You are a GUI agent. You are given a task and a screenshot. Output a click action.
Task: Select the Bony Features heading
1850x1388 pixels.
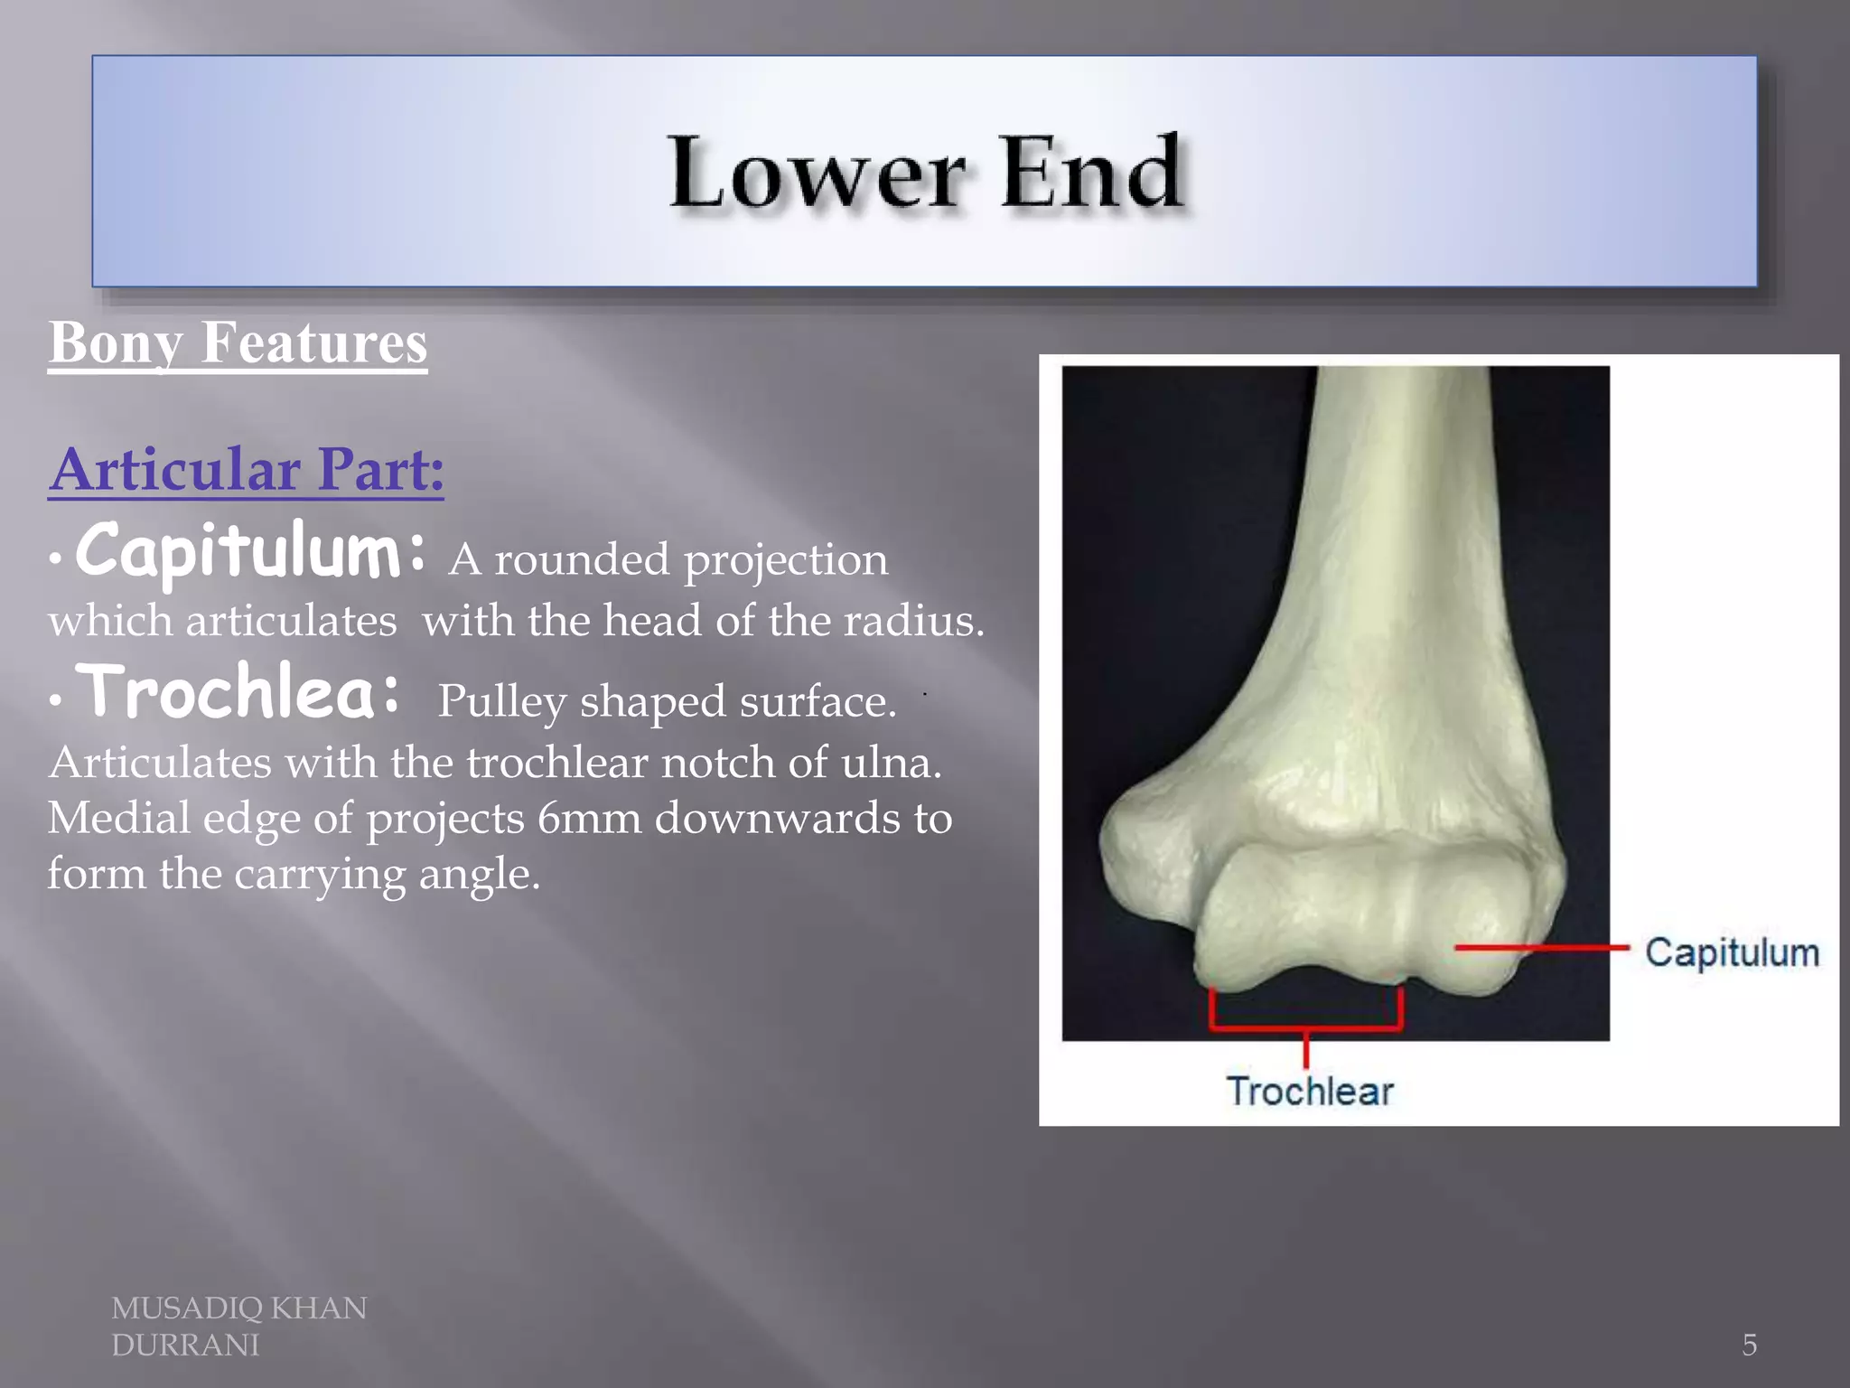click(x=238, y=343)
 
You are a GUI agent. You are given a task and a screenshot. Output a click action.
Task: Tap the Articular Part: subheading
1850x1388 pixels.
click(x=247, y=470)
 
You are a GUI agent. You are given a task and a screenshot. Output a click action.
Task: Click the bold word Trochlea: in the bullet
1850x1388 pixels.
click(x=239, y=694)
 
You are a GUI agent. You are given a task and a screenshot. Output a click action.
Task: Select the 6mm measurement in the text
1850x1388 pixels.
click(x=590, y=819)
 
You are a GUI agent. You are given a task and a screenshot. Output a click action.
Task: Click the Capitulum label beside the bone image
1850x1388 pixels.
click(x=1731, y=953)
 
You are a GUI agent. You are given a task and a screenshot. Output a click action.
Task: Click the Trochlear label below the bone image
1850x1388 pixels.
click(x=1310, y=1092)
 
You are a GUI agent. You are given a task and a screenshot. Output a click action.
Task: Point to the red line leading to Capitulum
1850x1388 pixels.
click(x=1541, y=948)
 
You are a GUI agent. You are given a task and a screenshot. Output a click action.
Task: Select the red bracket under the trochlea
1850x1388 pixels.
click(x=1305, y=1027)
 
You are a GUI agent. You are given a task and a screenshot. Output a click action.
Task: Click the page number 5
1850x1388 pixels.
click(x=1749, y=1345)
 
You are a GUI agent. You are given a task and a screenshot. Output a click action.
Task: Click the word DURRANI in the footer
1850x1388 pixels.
click(x=185, y=1346)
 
